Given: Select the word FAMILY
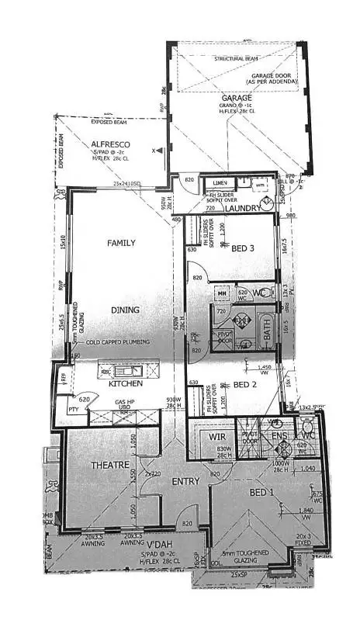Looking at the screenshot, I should (120, 243).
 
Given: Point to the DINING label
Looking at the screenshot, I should (124, 310).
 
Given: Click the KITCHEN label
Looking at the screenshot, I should (125, 383).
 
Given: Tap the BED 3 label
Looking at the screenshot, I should (244, 248).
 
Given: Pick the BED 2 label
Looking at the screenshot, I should (245, 385).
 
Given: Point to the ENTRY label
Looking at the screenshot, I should (185, 481).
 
